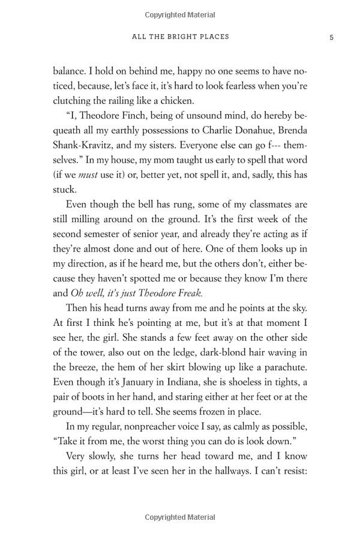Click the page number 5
pyautogui.click(x=331, y=37)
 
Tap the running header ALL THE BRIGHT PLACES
pyautogui.click(x=180, y=37)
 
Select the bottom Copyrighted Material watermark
pyautogui.click(x=180, y=516)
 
